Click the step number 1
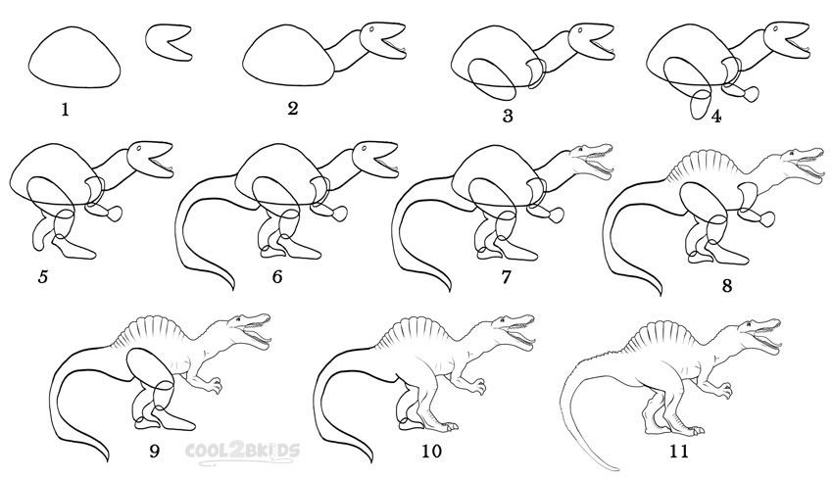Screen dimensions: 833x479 (65, 110)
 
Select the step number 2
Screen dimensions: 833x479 (293, 109)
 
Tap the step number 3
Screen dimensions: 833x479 (508, 116)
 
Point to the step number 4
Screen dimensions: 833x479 (716, 117)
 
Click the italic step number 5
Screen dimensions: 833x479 (43, 276)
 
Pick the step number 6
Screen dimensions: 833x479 (277, 276)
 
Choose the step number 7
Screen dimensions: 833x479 (506, 276)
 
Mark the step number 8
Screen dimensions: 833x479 (727, 286)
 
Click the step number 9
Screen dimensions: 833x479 (154, 451)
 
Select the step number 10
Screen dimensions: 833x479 (431, 451)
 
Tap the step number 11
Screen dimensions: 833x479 (679, 451)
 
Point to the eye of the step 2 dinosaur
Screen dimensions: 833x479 (371, 29)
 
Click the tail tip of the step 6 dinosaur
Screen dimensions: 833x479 (232, 289)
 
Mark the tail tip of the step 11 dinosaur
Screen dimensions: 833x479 (617, 469)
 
